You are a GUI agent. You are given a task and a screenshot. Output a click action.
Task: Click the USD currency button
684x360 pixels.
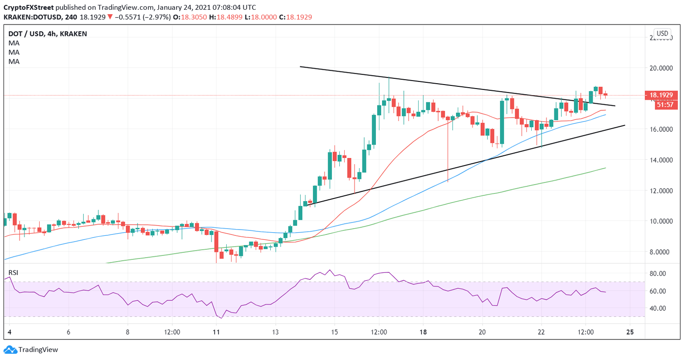[662, 33]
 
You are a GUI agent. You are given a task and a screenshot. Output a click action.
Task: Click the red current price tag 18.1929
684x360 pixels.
[663, 95]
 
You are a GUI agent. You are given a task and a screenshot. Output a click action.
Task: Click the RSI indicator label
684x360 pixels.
[14, 272]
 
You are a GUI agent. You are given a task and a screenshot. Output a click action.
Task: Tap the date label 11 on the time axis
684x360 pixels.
[216, 332]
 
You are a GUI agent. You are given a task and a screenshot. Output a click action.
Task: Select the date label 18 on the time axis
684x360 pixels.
[423, 332]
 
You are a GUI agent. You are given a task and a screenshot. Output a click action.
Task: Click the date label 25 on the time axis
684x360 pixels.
[630, 332]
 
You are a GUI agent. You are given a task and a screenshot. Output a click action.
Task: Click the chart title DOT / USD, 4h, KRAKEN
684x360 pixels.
[48, 34]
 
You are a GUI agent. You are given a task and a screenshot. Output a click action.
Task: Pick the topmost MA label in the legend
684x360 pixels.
[14, 43]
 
